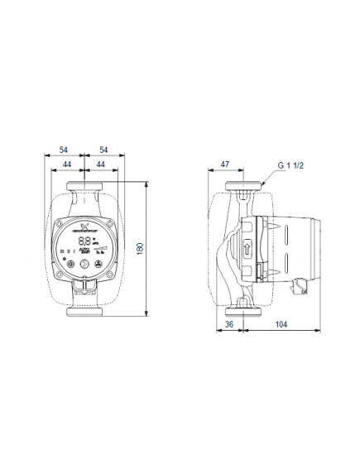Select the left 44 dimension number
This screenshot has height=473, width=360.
click(69, 165)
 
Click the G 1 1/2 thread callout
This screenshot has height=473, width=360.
click(290, 166)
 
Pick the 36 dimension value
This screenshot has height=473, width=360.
click(230, 325)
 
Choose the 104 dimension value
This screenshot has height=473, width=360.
click(281, 325)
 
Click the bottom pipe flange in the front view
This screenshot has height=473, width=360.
click(84, 313)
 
